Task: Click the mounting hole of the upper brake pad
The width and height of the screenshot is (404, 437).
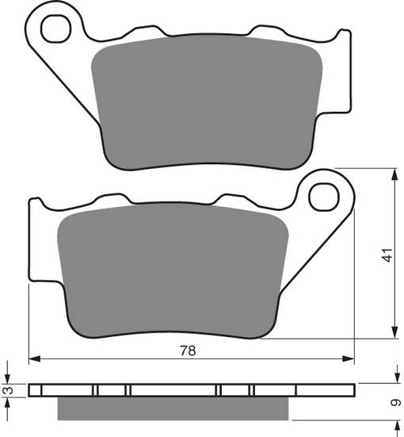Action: click(57, 30)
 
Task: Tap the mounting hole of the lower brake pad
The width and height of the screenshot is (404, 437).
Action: click(325, 196)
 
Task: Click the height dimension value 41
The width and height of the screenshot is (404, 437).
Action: click(387, 255)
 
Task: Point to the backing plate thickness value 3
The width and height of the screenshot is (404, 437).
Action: click(8, 391)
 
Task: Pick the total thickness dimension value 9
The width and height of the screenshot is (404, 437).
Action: click(395, 403)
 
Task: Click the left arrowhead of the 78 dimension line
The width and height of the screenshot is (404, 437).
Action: click(34, 359)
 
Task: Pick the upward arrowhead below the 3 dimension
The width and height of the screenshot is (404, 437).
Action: click(8, 402)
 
